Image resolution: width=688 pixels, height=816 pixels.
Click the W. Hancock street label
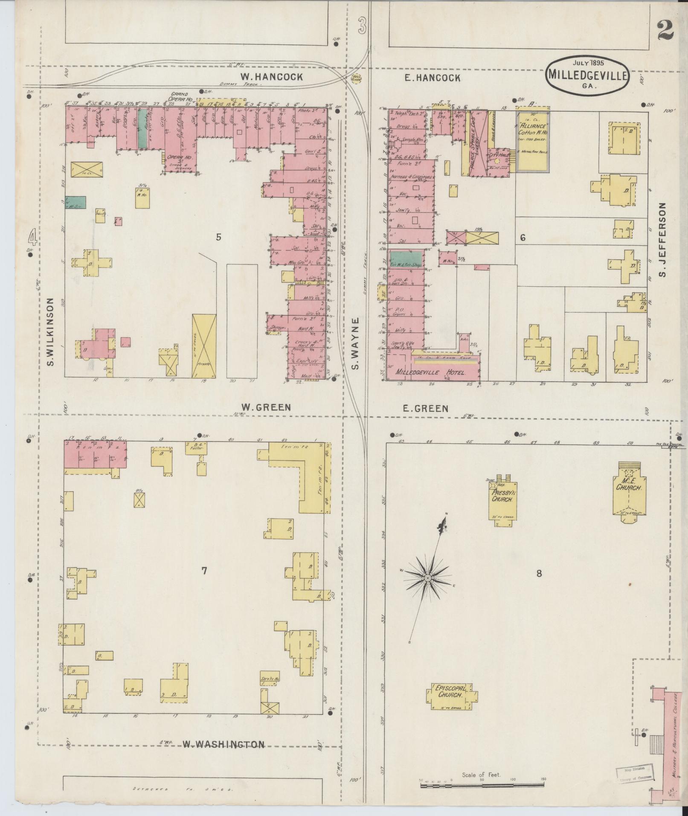(271, 77)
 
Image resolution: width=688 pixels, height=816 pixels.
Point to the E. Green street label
(425, 408)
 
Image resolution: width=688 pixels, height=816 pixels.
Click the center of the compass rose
(427, 577)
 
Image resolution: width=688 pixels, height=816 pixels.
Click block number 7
(204, 571)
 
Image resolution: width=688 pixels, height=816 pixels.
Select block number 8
(539, 573)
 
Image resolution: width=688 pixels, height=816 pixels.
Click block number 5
(218, 237)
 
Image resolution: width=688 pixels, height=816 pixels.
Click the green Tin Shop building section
(406, 259)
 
